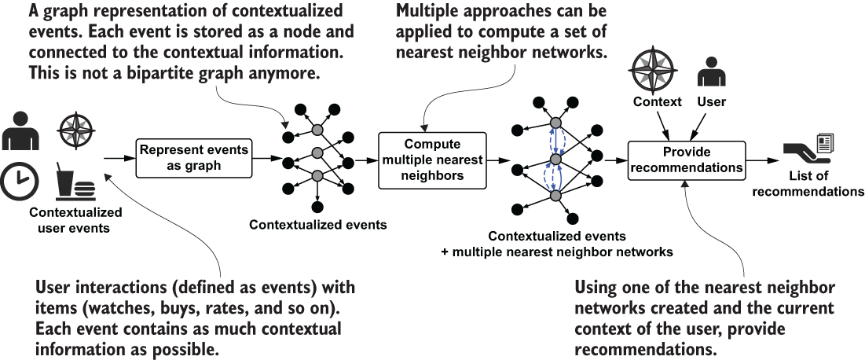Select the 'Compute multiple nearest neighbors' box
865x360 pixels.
tap(431, 160)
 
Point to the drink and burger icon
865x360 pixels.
tap(75, 180)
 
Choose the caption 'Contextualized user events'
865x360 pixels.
tap(75, 219)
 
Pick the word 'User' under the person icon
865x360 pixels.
tap(711, 101)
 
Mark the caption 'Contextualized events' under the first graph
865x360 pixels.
tap(317, 225)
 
